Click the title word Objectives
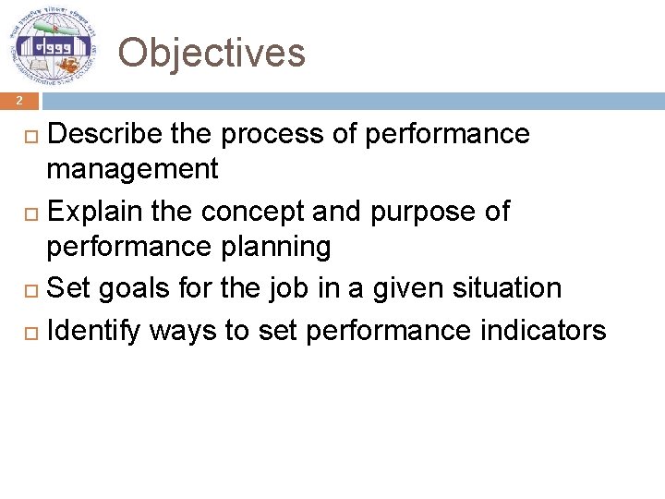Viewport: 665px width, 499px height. pyautogui.click(x=212, y=53)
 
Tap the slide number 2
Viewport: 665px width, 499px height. pyautogui.click(x=17, y=101)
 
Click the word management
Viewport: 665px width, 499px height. pyautogui.click(x=132, y=169)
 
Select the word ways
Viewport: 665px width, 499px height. pyautogui.click(x=183, y=330)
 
